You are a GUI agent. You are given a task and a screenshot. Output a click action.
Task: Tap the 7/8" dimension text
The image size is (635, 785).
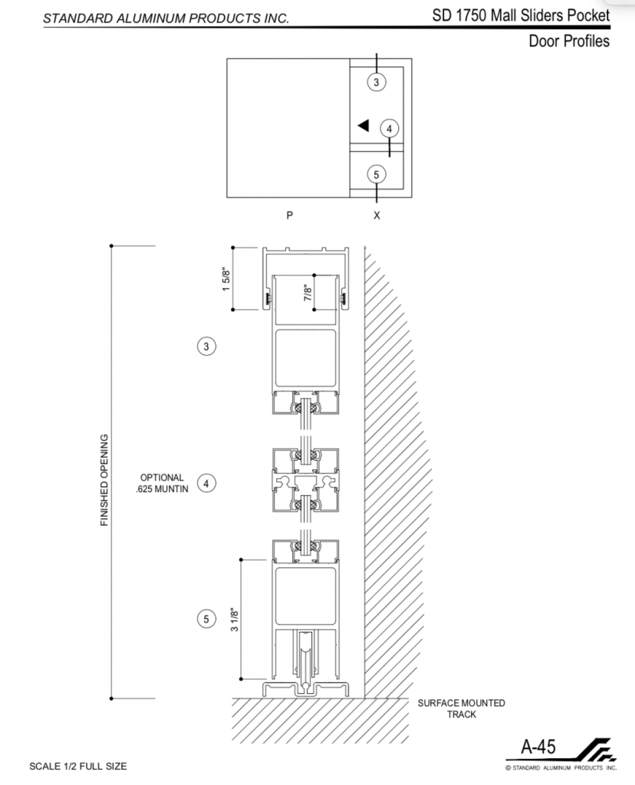tap(308, 292)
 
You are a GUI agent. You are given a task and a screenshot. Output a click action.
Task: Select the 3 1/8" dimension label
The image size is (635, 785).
tap(235, 619)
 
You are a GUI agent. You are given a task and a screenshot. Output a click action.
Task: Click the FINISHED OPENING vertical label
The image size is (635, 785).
tap(104, 480)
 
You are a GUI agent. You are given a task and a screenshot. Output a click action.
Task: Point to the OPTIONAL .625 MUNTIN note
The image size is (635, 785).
tap(162, 483)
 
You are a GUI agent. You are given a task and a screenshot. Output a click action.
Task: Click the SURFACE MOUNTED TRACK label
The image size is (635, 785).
tap(461, 708)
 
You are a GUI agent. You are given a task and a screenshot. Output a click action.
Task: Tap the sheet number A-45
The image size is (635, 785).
tap(538, 747)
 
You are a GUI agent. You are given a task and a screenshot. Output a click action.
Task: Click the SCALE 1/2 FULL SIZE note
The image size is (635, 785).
tap(78, 766)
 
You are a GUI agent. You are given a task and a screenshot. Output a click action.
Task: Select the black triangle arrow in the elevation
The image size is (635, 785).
tap(364, 125)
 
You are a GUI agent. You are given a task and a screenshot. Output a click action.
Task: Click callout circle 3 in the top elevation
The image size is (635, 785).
tap(377, 81)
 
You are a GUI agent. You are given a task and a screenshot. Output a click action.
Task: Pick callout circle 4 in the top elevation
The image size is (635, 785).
tap(389, 129)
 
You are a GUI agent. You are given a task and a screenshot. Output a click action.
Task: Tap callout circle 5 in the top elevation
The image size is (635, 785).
tap(377, 174)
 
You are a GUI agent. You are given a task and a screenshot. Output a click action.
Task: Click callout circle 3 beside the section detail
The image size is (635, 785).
tap(206, 346)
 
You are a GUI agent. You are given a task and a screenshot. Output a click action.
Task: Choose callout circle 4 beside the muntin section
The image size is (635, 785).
tap(206, 483)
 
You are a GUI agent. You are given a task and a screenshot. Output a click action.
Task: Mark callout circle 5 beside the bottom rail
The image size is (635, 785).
tap(206, 619)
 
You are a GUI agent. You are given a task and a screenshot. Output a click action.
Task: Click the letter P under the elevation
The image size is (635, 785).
tap(289, 215)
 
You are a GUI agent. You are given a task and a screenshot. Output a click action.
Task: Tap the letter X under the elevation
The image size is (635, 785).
tap(377, 215)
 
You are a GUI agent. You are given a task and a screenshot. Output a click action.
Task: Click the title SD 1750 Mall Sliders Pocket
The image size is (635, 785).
tap(521, 15)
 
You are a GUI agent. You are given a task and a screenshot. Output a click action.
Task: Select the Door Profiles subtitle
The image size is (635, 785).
tap(569, 41)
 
